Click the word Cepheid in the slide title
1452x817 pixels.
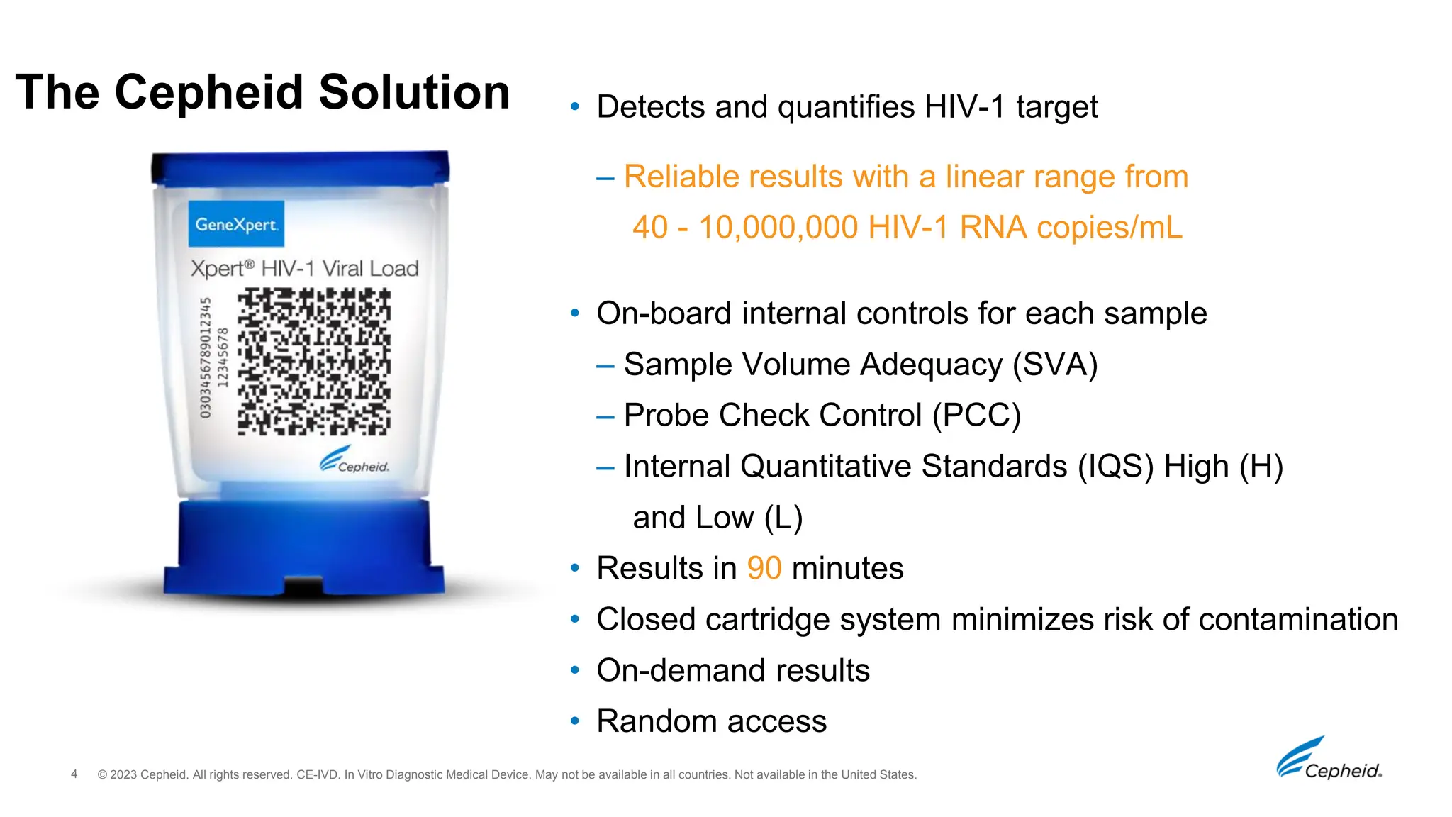pyautogui.click(x=211, y=93)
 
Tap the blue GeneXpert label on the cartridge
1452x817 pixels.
pyautogui.click(x=236, y=224)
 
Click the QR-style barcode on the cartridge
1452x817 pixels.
pyautogui.click(x=313, y=361)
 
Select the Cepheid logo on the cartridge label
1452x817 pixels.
pyautogui.click(x=354, y=461)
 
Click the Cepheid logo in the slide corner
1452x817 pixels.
pyautogui.click(x=1329, y=760)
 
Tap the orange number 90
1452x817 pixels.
pyautogui.click(x=764, y=569)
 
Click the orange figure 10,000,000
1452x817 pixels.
pyautogui.click(x=778, y=228)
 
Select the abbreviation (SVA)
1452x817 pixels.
pyautogui.click(x=1054, y=365)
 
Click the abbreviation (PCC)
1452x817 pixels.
pyautogui.click(x=976, y=416)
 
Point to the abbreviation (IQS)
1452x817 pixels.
pyautogui.click(x=1115, y=467)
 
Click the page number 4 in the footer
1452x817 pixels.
pyautogui.click(x=74, y=774)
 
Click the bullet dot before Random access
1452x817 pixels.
pyautogui.click(x=575, y=722)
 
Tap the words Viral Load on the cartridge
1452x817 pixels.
pyautogui.click(x=370, y=269)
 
